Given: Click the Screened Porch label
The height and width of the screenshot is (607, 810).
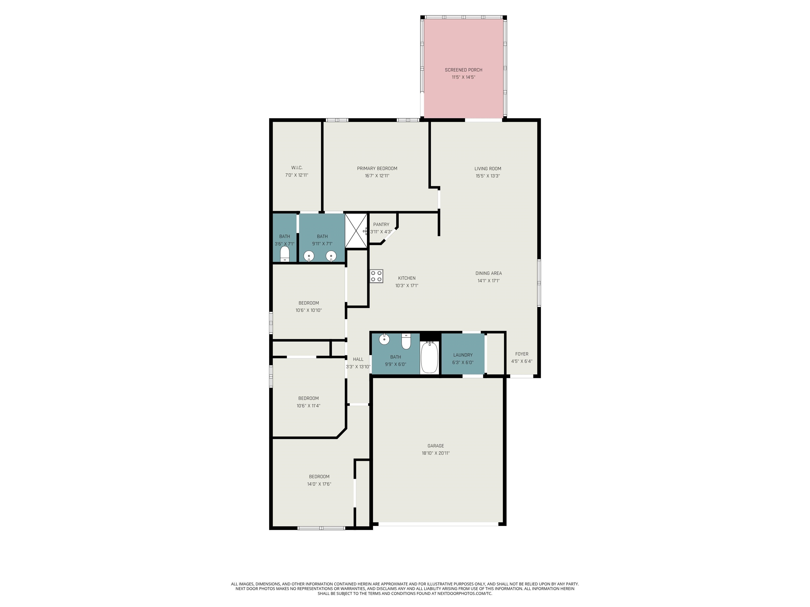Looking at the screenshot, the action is point(463,70).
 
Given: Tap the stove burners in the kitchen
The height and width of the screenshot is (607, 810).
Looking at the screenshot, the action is point(377,276).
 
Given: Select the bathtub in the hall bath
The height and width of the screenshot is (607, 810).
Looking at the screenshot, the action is point(430,357).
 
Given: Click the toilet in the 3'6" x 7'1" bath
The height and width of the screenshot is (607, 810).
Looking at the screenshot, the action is point(285,254).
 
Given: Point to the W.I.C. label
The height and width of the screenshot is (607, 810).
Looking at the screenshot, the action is point(297,168).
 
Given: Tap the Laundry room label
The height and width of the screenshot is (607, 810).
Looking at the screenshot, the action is point(463,355).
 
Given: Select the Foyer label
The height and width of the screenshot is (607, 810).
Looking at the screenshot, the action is point(522,354).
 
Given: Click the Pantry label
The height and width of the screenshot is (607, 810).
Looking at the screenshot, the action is point(381,224).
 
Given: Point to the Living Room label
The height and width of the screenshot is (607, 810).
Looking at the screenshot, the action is point(488,169).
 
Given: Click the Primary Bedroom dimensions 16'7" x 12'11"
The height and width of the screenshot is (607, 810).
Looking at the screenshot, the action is point(377,176).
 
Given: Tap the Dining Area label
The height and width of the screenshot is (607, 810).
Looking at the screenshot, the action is point(489,273).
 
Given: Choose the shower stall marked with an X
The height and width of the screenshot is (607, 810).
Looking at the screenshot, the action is point(356,231).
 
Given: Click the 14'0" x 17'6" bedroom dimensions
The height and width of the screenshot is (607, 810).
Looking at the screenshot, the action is point(319,484).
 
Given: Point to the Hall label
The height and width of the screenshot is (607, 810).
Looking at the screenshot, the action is point(358,359).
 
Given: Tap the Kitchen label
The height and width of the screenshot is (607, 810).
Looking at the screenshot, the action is point(407,278).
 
